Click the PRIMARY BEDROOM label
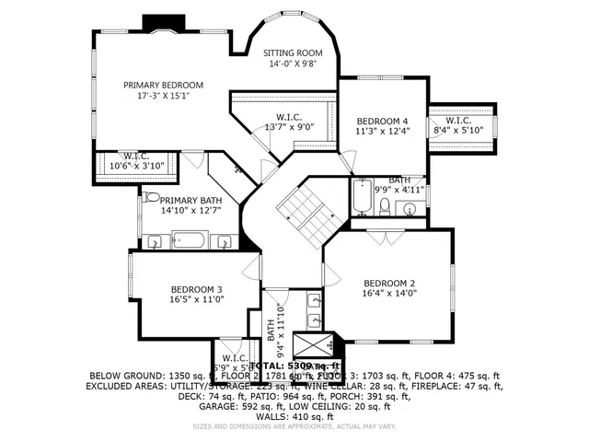(x=164, y=85)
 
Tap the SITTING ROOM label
(x=293, y=53)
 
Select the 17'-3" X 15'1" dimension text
(x=164, y=96)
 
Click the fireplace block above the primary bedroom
(x=159, y=23)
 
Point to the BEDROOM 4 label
(x=382, y=121)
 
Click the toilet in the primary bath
(x=149, y=197)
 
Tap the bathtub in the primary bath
(x=191, y=242)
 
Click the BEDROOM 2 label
(x=389, y=283)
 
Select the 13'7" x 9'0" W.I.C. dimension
(x=289, y=128)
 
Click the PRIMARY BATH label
(x=191, y=200)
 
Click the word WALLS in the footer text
(x=271, y=416)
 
